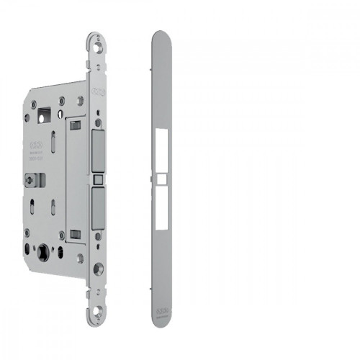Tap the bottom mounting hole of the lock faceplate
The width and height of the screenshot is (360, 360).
[x=96, y=315]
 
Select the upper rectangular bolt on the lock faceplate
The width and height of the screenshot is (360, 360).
[x=99, y=152]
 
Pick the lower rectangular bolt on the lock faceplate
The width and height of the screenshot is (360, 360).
[x=99, y=207]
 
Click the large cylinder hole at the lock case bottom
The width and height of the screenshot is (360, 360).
[x=47, y=254]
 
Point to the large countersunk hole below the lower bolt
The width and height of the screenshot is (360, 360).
[x=98, y=270]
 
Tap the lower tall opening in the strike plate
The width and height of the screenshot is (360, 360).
[x=162, y=210]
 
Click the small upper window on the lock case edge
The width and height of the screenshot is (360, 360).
[x=74, y=126]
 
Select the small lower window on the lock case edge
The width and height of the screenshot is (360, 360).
[x=75, y=233]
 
